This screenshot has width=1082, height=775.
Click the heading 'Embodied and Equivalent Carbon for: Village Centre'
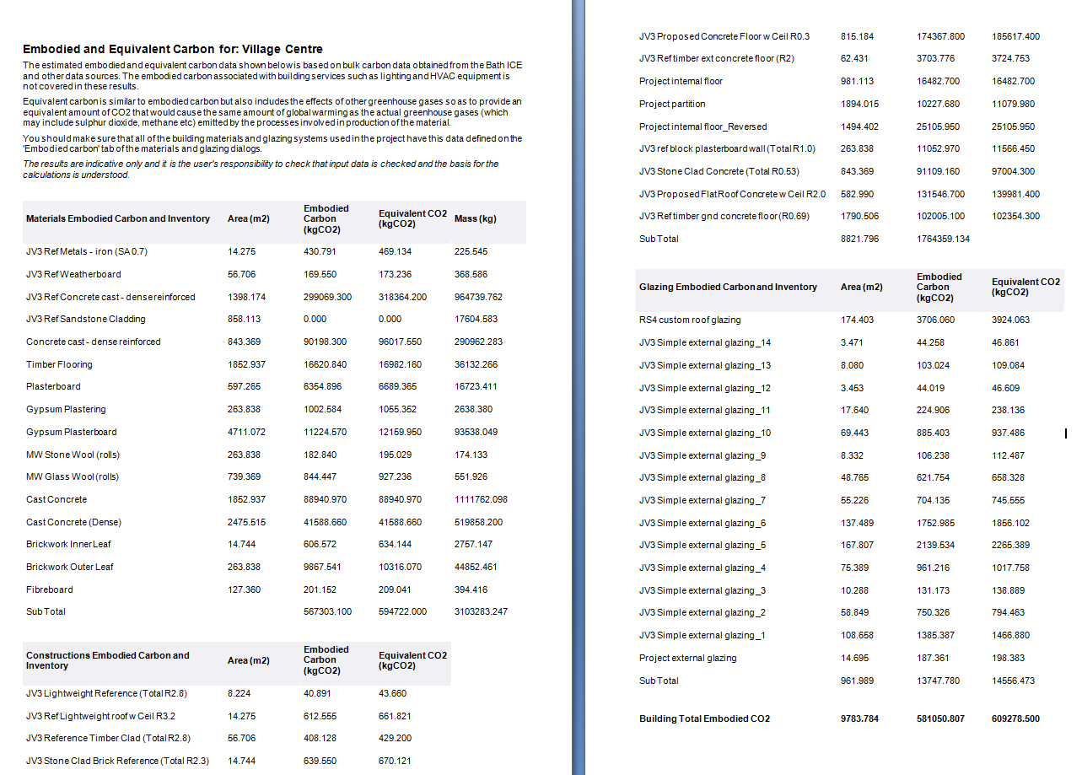tap(173, 49)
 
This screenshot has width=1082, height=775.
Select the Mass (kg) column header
tap(475, 219)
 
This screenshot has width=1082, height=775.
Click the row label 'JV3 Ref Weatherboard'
tap(73, 274)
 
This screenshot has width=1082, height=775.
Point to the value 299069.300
tap(327, 297)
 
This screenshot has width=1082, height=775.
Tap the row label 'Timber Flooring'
tap(59, 364)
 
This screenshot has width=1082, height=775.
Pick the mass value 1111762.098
tap(481, 499)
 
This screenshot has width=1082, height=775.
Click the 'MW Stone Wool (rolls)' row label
tap(73, 455)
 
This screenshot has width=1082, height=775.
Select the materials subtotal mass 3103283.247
tap(481, 611)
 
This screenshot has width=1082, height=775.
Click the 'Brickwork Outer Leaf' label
tap(69, 567)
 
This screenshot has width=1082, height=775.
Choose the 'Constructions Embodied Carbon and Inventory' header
tap(108, 660)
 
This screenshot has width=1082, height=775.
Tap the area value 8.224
tap(240, 693)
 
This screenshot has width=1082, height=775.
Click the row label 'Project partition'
tap(672, 104)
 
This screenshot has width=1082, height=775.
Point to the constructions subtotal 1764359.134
tap(943, 239)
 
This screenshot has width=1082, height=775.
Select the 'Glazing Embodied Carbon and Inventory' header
tap(728, 287)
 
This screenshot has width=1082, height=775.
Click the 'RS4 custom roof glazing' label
tap(690, 320)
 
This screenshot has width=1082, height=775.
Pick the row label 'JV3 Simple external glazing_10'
tap(705, 433)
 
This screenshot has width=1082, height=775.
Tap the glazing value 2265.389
tap(1010, 545)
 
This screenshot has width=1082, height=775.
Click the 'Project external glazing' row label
tap(687, 658)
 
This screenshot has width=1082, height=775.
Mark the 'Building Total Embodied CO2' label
tap(704, 718)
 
